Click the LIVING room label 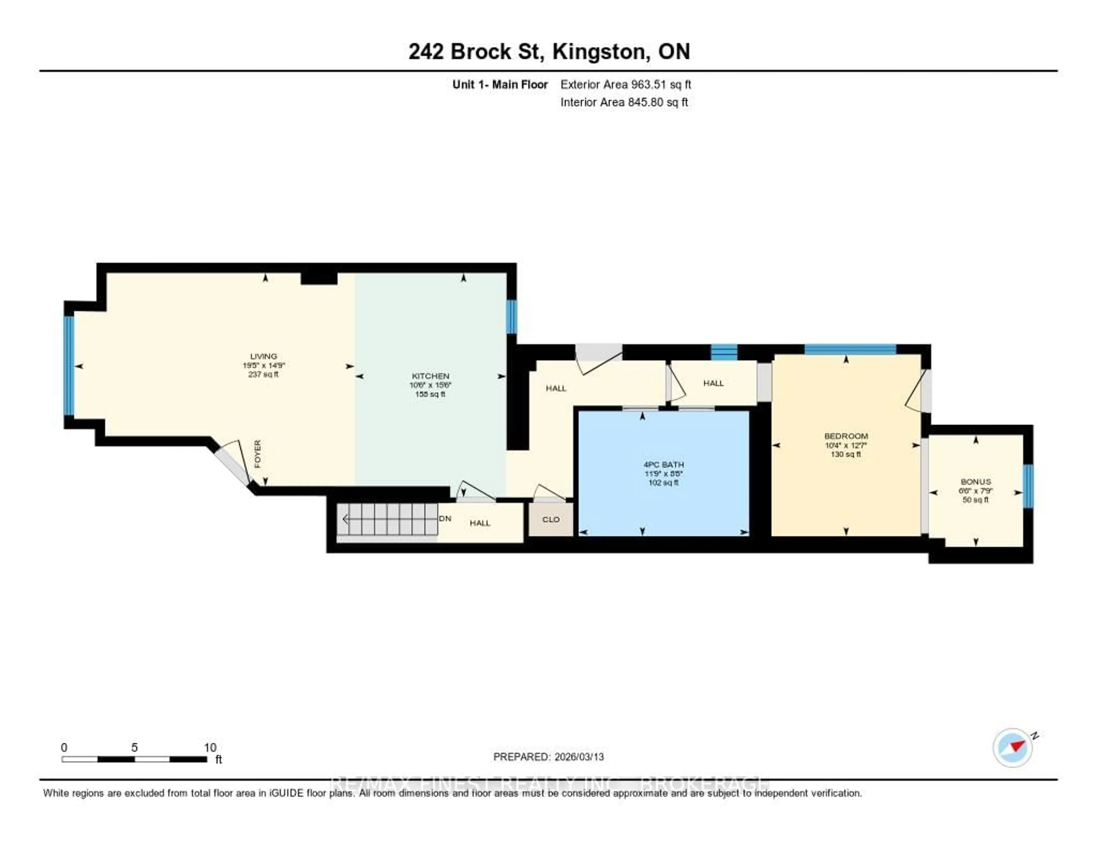[x=263, y=356]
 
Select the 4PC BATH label [x=664, y=465]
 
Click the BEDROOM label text [x=846, y=436]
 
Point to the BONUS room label [x=976, y=481]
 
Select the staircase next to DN [x=387, y=519]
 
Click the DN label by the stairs [x=445, y=518]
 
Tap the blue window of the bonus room [x=1028, y=486]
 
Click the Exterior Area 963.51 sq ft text [x=625, y=84]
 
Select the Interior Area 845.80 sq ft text [x=624, y=103]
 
